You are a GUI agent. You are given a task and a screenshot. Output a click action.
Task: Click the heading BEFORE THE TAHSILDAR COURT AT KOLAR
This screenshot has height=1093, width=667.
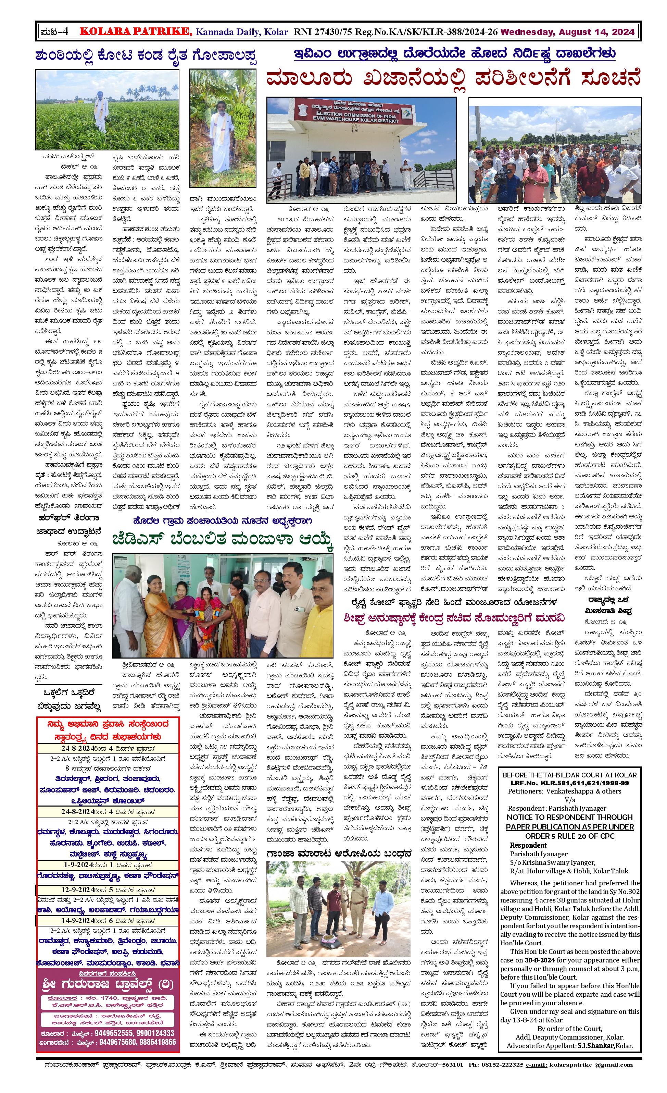point(569,775)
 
